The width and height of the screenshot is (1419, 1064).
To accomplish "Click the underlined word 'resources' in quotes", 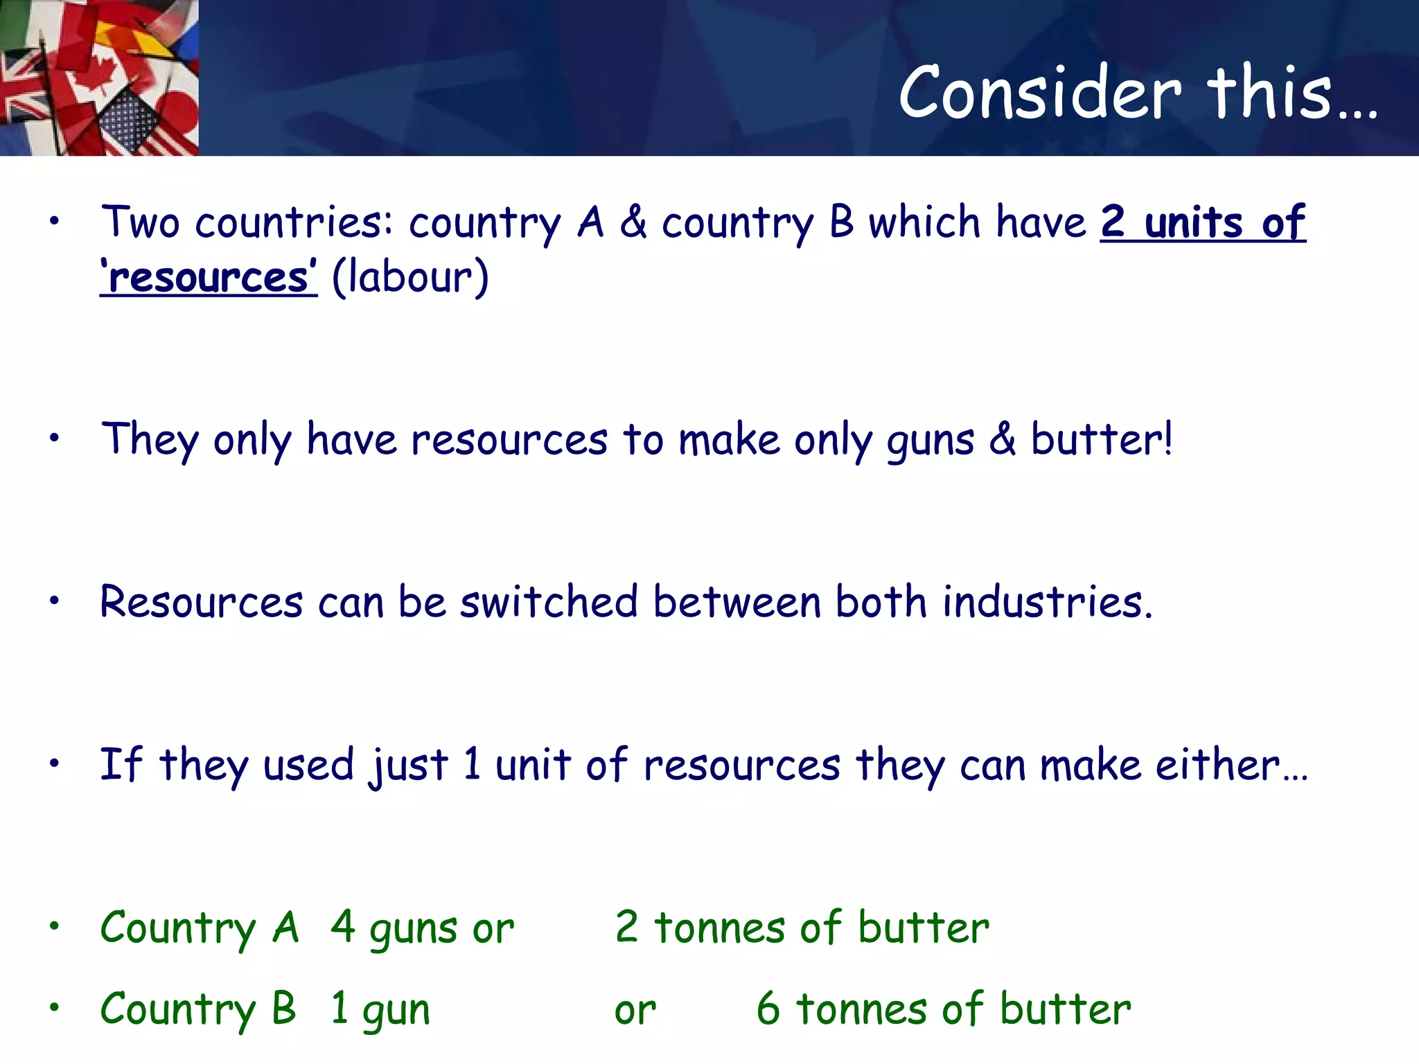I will pyautogui.click(x=209, y=278).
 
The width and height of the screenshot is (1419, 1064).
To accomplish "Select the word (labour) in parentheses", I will pyautogui.click(x=410, y=278).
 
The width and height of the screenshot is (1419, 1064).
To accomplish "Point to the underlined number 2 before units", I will pyautogui.click(x=1113, y=222).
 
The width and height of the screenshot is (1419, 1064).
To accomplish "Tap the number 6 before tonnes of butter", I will pyautogui.click(x=768, y=1009).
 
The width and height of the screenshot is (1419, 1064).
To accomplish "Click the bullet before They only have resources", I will pyautogui.click(x=55, y=438).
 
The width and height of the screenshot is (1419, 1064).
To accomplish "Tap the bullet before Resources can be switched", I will pyautogui.click(x=55, y=601).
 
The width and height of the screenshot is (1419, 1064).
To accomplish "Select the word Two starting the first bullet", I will pyautogui.click(x=141, y=222).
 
